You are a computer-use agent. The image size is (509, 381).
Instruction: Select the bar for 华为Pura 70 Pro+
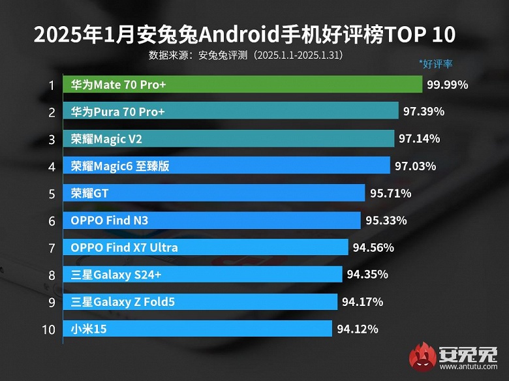coord(231,112)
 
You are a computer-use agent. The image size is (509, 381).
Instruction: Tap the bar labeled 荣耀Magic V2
coord(229,139)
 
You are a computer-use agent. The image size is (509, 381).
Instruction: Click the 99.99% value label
coord(448,85)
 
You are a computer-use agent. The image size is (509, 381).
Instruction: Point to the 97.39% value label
coord(424,112)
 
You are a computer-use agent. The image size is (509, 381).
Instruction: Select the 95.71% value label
coord(390,193)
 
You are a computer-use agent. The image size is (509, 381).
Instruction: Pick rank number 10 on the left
coord(49,329)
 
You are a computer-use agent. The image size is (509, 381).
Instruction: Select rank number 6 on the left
coord(51,221)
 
